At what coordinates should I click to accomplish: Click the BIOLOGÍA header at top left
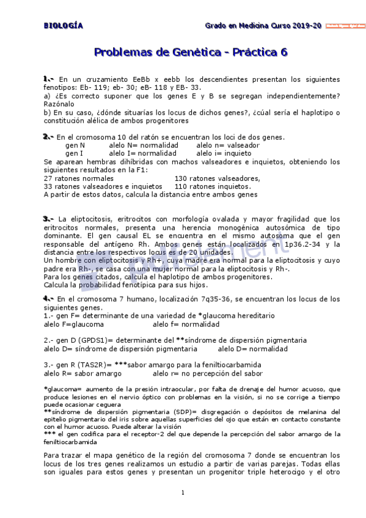pos(63,26)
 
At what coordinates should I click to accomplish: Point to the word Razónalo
pos(59,104)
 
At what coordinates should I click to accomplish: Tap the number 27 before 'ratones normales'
pos(48,178)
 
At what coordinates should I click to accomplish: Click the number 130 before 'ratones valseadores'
pos(181,178)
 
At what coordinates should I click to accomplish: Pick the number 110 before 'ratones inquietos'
pos(181,186)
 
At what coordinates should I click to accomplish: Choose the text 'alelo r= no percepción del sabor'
pos(208,373)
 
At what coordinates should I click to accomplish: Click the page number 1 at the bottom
pos(183,492)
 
